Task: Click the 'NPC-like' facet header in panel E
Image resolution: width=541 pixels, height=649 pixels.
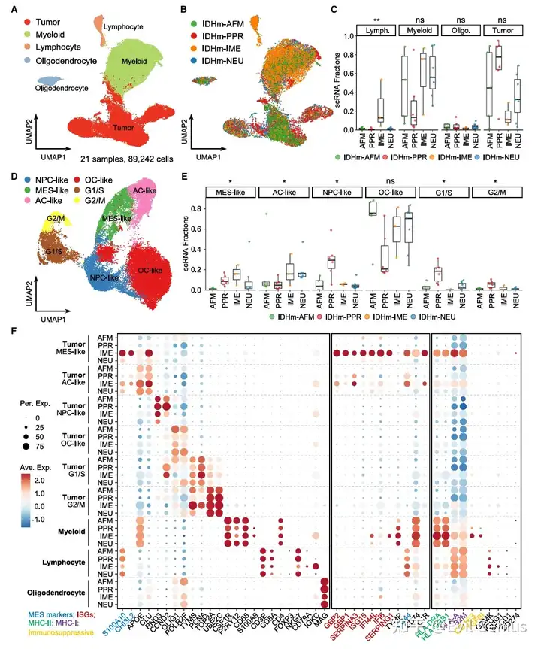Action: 335,193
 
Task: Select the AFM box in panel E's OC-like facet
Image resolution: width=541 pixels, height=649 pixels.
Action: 370,210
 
